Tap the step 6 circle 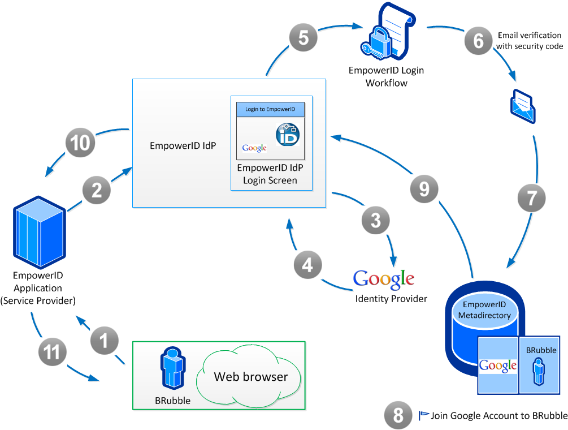[479, 41]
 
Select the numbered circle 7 [532, 198]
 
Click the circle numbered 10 [81, 143]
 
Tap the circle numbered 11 [52, 352]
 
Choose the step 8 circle [398, 416]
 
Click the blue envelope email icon [523, 106]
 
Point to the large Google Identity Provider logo [384, 278]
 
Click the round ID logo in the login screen [288, 136]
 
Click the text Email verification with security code [530, 41]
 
